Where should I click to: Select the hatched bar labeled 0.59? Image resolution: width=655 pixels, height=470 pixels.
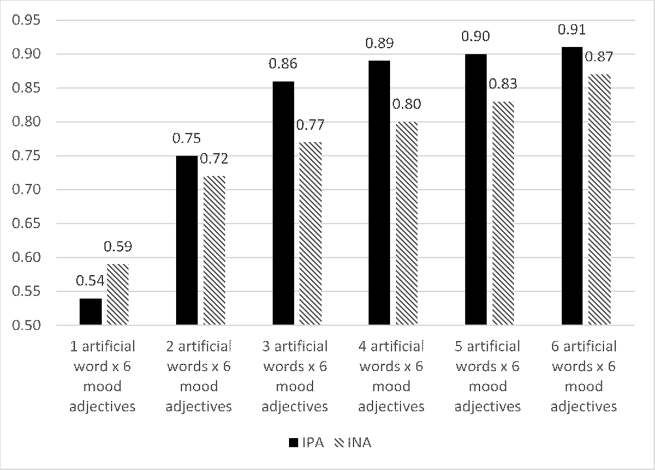tap(117, 295)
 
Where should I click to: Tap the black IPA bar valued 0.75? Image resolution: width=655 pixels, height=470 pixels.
tap(187, 240)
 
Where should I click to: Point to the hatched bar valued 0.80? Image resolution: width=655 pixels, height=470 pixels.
tap(407, 224)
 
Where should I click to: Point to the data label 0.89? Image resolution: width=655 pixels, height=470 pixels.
tap(379, 43)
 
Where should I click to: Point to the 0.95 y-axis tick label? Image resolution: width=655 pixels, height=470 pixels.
tap(26, 21)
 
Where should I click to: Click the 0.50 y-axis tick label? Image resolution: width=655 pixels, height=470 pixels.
tap(26, 326)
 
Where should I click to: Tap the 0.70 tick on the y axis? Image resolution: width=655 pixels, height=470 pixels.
tap(26, 190)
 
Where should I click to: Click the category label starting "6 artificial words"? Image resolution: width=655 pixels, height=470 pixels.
tap(584, 376)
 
